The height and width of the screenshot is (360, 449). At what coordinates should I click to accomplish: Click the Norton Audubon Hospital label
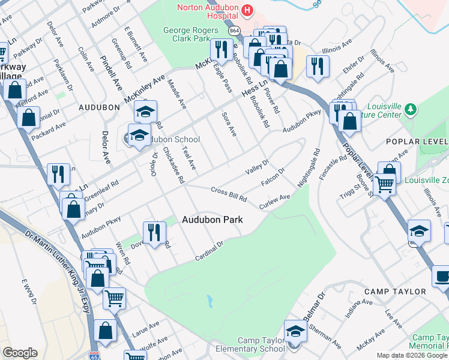tap(207, 8)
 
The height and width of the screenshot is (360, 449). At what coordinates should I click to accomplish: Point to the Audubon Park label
tap(212, 220)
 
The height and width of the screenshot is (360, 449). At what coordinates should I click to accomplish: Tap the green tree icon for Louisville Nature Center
tap(411, 109)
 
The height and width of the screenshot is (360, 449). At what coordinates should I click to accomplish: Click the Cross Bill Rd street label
tap(229, 194)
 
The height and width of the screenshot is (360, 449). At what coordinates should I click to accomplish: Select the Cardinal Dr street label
tap(209, 251)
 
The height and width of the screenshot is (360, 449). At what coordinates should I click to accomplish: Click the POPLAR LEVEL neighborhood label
tap(418, 142)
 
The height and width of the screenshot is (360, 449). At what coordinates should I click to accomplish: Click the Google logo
tap(20, 353)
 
